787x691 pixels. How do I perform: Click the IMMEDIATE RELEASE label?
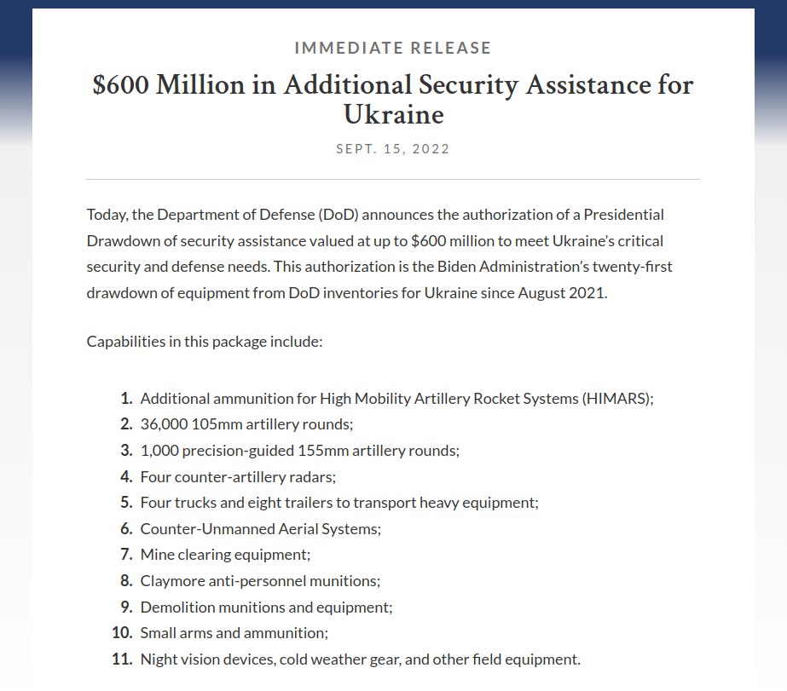click(x=392, y=49)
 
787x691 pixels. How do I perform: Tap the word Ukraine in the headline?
click(x=393, y=114)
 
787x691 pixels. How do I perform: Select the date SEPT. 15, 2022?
click(x=392, y=149)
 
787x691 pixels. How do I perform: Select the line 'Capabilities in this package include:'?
click(x=204, y=342)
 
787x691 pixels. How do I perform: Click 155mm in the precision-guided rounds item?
click(x=320, y=451)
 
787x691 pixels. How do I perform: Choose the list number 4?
click(x=126, y=477)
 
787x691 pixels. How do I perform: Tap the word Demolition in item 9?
click(x=176, y=608)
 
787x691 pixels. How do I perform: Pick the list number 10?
click(x=122, y=633)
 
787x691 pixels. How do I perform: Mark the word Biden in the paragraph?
click(x=459, y=267)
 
